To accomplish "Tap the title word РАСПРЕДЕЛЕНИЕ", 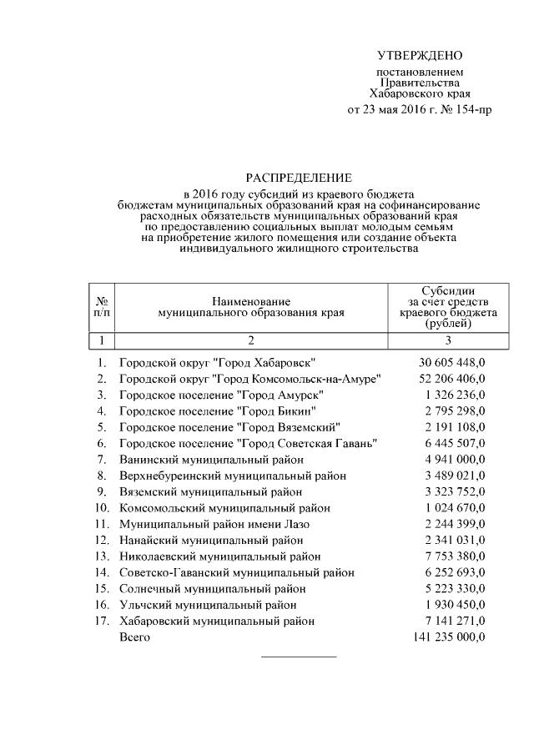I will (x=298, y=178).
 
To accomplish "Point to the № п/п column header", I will (x=101, y=306).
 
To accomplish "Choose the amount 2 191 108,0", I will (x=451, y=427).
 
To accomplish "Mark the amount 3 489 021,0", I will (x=451, y=476).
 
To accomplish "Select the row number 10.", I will (x=102, y=507).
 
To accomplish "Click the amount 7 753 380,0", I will (x=451, y=556).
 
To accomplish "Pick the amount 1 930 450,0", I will (x=451, y=604).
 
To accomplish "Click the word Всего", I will (x=134, y=637).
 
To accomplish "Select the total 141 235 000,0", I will (x=449, y=637).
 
